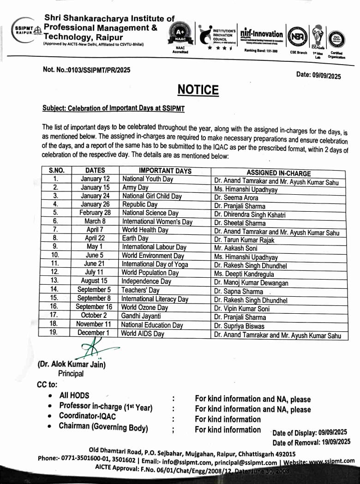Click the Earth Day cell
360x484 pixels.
click(135, 239)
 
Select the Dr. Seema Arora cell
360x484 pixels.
click(236, 197)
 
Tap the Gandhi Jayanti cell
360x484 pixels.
click(141, 316)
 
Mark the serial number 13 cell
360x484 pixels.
click(55, 281)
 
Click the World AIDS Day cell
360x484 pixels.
click(143, 334)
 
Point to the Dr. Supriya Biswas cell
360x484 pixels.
click(240, 326)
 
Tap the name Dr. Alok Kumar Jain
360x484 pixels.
click(72, 364)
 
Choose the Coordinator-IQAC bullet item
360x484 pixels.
click(87, 416)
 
